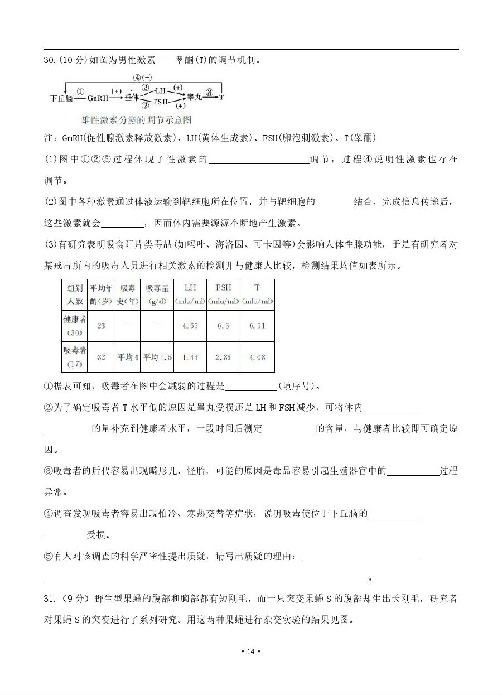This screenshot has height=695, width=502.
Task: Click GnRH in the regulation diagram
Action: tap(98, 98)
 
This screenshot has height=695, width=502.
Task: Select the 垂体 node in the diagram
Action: tap(132, 97)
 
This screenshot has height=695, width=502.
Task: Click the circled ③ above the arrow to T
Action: tap(209, 91)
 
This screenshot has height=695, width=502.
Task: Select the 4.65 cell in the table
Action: tap(190, 326)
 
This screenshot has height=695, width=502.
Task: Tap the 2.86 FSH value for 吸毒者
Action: tap(223, 357)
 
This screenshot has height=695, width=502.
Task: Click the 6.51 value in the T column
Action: tap(257, 326)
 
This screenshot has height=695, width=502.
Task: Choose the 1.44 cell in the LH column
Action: tap(190, 357)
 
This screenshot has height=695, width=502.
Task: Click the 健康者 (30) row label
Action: tap(75, 326)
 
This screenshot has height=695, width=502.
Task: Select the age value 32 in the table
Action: tap(101, 357)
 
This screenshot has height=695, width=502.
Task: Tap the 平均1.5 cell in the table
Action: tap(157, 357)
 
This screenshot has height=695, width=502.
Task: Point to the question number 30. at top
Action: tap(50, 60)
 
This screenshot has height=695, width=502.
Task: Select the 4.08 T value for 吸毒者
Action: tap(257, 357)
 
